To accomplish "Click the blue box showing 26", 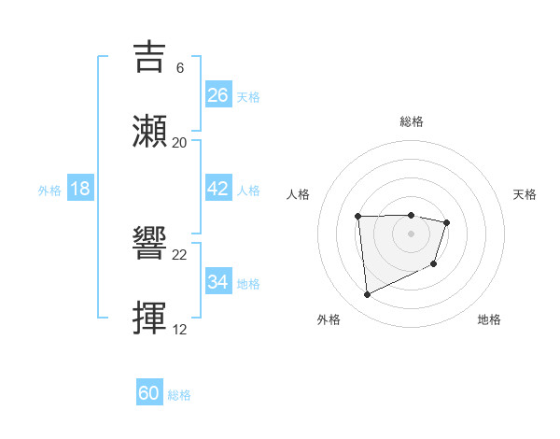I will [218, 94].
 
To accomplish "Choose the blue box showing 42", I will [218, 189].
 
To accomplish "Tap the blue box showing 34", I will [218, 282].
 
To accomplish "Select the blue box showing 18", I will [80, 189].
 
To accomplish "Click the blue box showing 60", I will [149, 393].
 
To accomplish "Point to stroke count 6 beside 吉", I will [179, 68].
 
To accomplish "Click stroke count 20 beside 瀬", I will [180, 143].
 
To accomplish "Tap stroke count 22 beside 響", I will [180, 255].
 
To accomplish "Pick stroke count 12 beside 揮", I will [180, 330].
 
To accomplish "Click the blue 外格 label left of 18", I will [49, 190].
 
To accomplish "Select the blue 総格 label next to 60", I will [179, 395].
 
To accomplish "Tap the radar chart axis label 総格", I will [411, 121].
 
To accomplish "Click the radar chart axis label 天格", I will [525, 194].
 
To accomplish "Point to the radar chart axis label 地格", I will [489, 319].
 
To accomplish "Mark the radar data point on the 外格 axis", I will [367, 295].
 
